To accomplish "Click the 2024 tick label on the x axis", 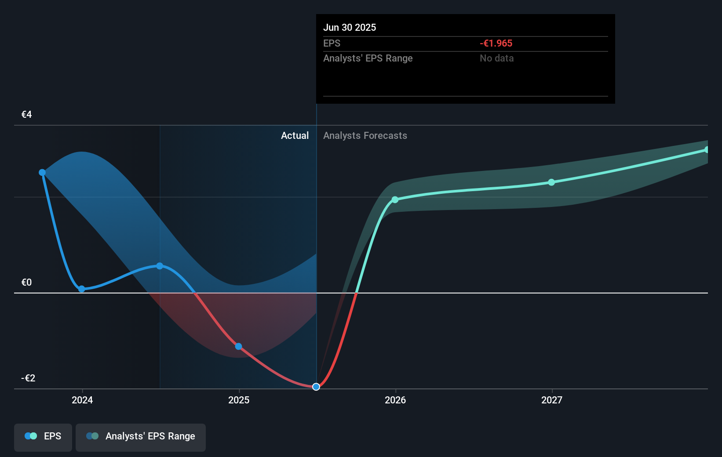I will coord(82,400).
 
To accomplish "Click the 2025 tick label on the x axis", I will coord(239,400).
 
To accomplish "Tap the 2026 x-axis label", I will coord(395,400).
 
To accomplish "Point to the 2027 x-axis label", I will coord(552,400).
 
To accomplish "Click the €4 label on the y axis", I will coord(27,115).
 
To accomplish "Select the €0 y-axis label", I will coord(27,283).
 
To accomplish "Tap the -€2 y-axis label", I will coord(28,378).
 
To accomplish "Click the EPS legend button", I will coord(43,436).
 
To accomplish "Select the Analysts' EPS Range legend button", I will coord(141,436).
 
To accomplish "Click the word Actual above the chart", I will coord(295,136).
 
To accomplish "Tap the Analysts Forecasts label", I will coord(365,136).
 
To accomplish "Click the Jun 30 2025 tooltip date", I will coord(350,28).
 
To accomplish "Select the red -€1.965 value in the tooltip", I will coord(496,44).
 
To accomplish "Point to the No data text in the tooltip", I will coord(496,58).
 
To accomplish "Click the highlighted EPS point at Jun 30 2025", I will coord(316,387).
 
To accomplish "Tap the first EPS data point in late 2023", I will coord(42,173).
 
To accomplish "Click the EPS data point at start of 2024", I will coord(81,289).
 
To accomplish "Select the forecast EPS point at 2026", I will coord(395,199).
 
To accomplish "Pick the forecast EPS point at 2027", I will coord(551,182).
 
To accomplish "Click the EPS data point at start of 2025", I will coord(238,346).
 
